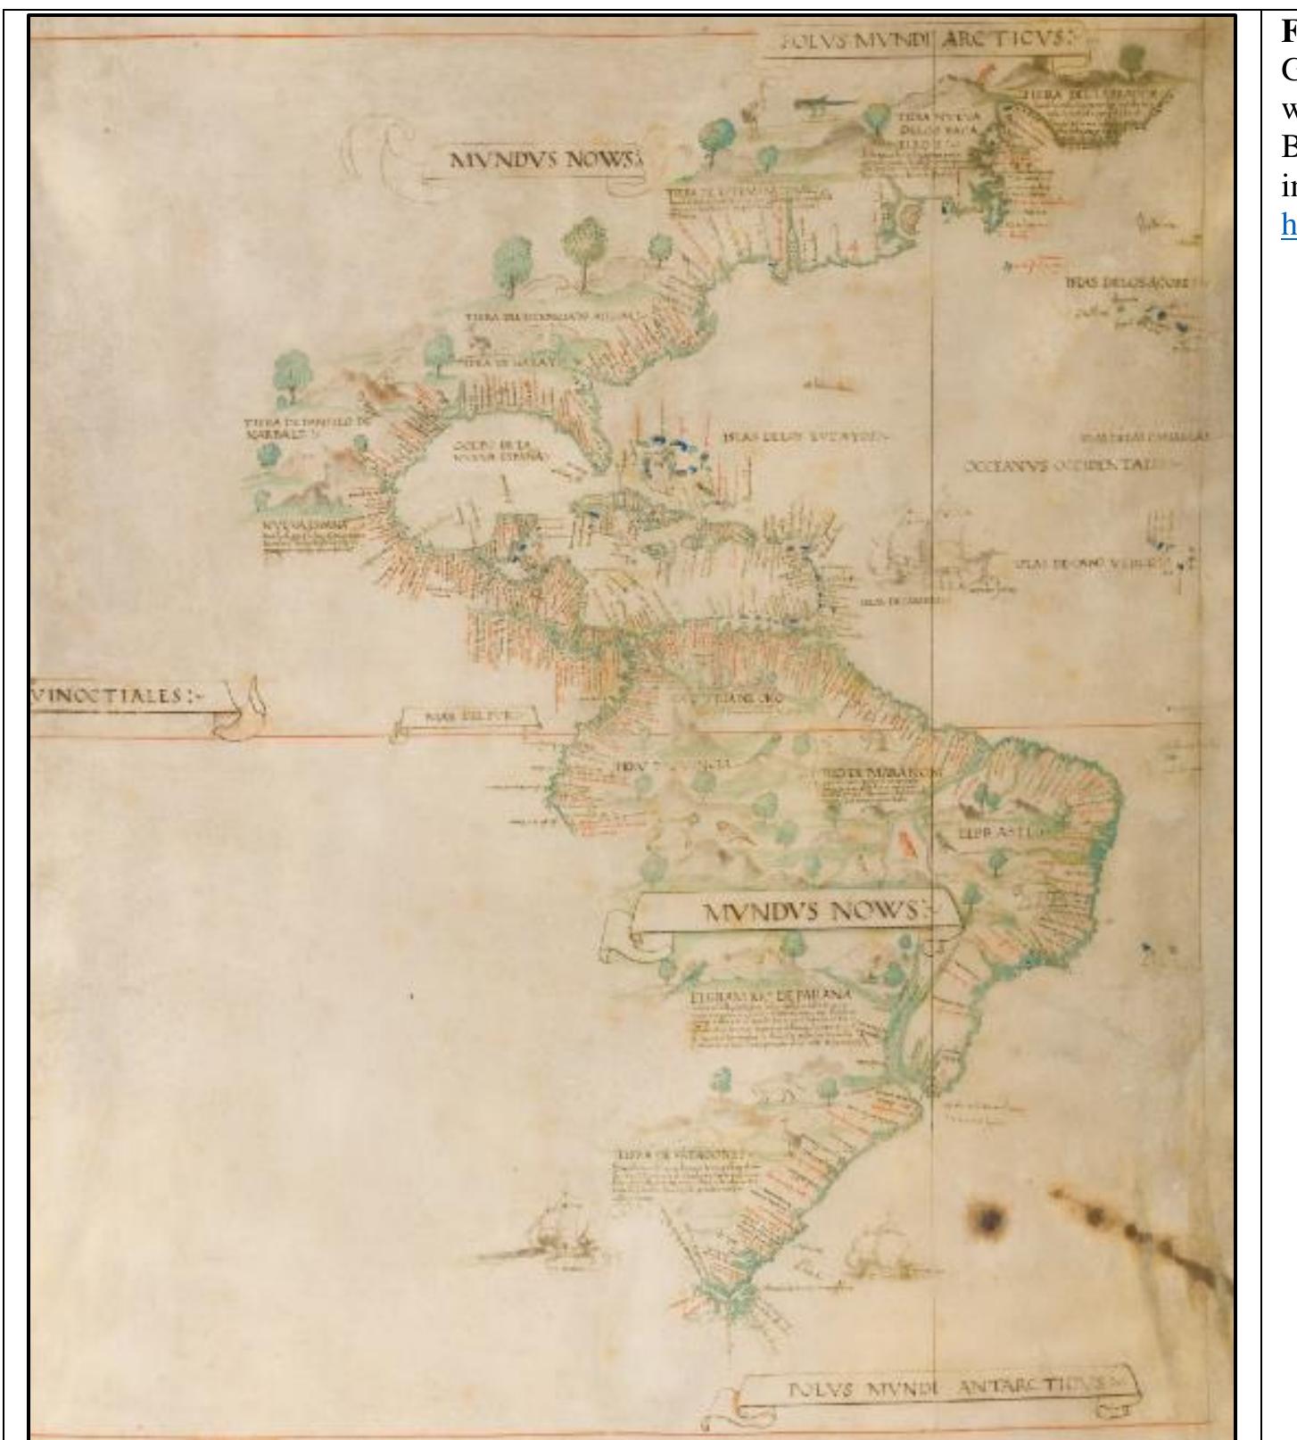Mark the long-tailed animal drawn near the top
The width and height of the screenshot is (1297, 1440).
pos(818,104)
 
